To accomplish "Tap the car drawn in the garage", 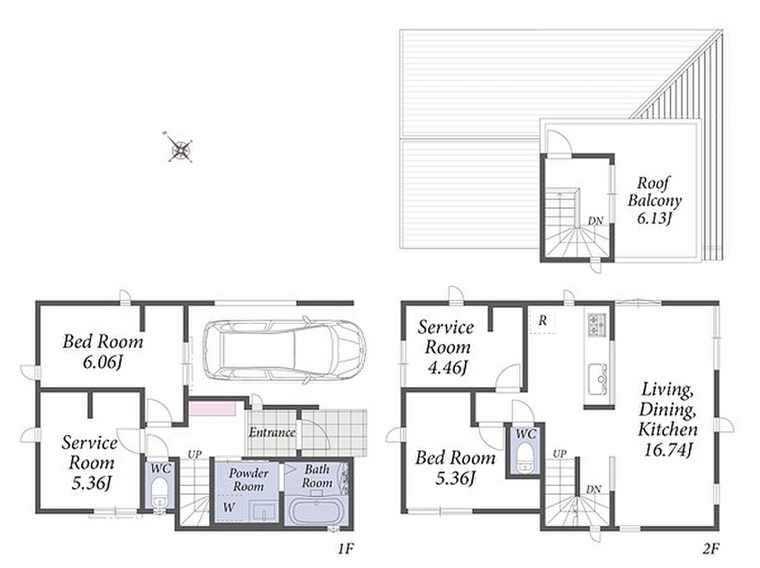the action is click(x=284, y=349).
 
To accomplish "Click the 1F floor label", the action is click(x=346, y=549).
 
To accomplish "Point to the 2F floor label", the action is click(x=710, y=549).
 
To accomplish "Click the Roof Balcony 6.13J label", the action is click(x=654, y=200).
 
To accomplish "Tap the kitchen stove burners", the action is click(x=596, y=324).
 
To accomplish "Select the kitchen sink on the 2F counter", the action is click(x=598, y=378).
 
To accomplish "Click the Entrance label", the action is click(x=272, y=432).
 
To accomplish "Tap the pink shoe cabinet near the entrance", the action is click(x=212, y=408).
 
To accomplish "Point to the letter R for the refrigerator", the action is click(x=543, y=320).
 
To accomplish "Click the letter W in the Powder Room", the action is click(x=228, y=508).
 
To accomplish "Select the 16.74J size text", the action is click(x=668, y=450).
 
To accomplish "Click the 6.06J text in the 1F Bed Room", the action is click(x=102, y=362).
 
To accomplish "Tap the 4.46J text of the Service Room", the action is click(x=447, y=368).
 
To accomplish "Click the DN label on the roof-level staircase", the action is click(x=596, y=221).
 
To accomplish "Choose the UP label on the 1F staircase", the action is click(x=194, y=454).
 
